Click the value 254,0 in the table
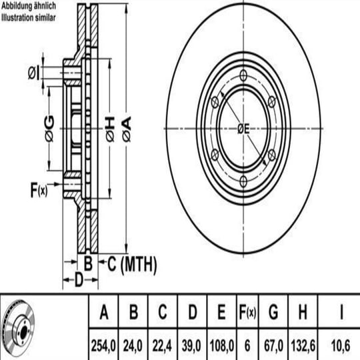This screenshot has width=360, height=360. click(103, 345)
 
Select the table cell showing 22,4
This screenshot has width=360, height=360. click(162, 345)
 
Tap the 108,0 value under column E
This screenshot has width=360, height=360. click(222, 345)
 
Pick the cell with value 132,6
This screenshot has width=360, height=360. click(303, 345)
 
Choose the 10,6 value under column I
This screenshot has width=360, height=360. click(341, 345)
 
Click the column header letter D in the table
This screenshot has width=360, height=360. click(193, 312)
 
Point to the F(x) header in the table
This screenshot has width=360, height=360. click(247, 312)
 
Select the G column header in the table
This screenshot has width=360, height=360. click(273, 312)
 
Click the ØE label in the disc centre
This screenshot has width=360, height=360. click(243, 129)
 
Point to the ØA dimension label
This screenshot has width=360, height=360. click(127, 129)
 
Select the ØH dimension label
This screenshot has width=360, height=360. click(110, 129)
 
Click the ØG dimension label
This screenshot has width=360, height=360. click(49, 129)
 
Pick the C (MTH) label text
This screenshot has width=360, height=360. click(132, 264)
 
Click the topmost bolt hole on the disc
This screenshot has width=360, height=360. click(243, 75)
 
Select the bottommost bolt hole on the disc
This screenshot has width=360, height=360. click(243, 181)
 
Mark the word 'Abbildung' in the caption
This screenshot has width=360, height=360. click(17, 6)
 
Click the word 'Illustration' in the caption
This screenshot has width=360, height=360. click(18, 17)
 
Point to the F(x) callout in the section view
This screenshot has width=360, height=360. click(39, 189)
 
